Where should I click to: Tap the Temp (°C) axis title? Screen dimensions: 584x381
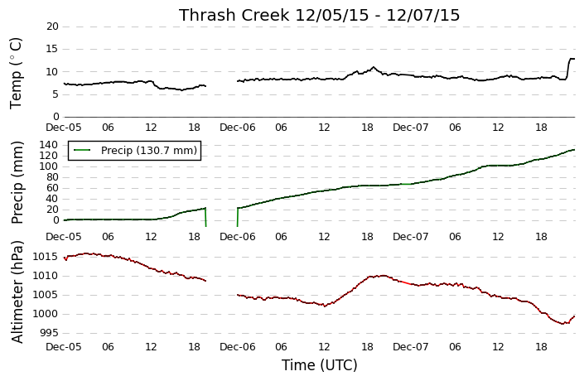pos(16,74)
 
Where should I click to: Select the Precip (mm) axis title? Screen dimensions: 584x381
pos(17,182)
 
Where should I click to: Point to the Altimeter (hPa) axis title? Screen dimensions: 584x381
pos(17,292)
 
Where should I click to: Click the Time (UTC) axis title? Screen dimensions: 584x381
pos(319,365)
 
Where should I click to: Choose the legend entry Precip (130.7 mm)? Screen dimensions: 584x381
pos(148,151)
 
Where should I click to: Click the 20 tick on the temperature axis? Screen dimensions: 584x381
pos(52,27)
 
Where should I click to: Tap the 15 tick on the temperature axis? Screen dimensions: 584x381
pos(52,49)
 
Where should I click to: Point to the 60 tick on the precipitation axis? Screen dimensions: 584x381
pos(52,188)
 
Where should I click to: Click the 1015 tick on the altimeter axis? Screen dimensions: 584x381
pos(46,257)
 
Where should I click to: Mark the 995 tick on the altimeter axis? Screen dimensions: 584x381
pos(48,333)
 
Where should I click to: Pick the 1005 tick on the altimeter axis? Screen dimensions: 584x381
pos(46,295)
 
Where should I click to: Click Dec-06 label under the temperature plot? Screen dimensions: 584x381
pos(238,128)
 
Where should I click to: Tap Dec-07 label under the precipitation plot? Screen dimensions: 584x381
pos(411,237)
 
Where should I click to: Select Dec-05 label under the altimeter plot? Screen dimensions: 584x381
pos(64,347)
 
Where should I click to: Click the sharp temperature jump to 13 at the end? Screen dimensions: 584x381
pos(568,68)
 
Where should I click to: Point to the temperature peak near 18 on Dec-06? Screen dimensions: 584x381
pos(374,67)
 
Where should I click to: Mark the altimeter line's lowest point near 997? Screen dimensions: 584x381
pos(562,324)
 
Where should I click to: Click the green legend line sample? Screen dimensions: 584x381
pos(82,150)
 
